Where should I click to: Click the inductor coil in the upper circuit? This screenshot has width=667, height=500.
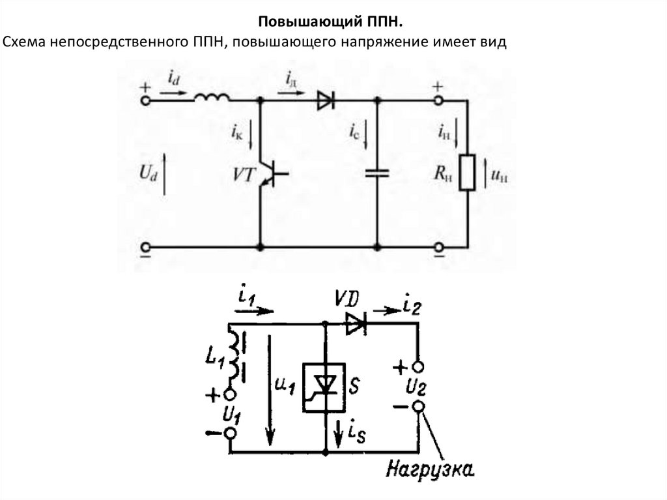212,98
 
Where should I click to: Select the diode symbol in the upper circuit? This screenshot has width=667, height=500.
326,101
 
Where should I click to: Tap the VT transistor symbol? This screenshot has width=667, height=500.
272,173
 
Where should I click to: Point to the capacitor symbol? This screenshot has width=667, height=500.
377,173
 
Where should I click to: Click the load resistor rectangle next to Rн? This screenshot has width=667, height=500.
467,173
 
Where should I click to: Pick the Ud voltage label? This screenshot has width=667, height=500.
148,173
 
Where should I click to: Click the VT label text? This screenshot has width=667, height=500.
244,175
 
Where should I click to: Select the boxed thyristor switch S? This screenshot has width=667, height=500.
324,387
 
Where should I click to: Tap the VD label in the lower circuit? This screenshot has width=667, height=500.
347,299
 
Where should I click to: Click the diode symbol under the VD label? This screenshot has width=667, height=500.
356,324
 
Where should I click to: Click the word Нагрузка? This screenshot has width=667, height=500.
430,470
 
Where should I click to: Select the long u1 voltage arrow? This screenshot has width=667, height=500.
269,390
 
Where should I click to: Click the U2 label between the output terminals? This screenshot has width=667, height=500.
416,387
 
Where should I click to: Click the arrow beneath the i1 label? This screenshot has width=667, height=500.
254,311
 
